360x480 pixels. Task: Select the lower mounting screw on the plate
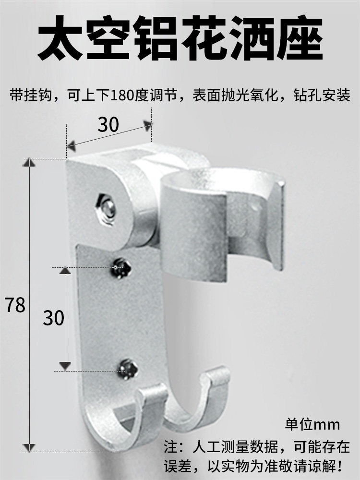point(128,369)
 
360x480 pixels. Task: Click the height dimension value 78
point(15,304)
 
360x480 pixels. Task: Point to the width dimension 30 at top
point(108,125)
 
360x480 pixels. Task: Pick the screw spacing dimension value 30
point(53,317)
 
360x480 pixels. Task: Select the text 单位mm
point(312,424)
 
